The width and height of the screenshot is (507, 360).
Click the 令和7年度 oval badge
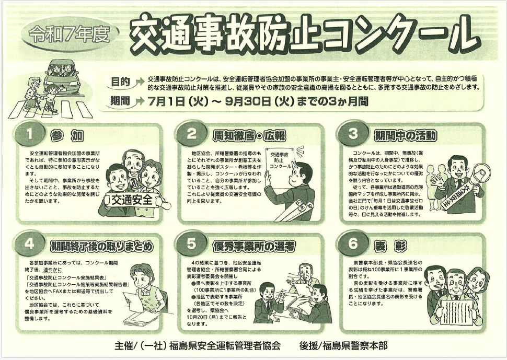tap(69, 34)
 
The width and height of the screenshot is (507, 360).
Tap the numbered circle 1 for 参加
tap(29, 133)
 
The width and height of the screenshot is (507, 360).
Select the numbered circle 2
tap(191, 133)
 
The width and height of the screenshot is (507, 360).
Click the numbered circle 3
tap(353, 133)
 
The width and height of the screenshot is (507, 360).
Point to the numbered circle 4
tap(29, 243)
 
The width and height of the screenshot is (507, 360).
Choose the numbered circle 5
tap(191, 243)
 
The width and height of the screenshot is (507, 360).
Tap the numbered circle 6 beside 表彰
tap(353, 243)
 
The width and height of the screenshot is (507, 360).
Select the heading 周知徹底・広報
tap(249, 136)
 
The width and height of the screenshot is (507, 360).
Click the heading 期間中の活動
tap(405, 136)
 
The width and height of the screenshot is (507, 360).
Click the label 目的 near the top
tap(120, 82)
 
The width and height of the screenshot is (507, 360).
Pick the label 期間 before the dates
tap(120, 101)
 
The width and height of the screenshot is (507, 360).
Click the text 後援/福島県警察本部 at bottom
tap(343, 346)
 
